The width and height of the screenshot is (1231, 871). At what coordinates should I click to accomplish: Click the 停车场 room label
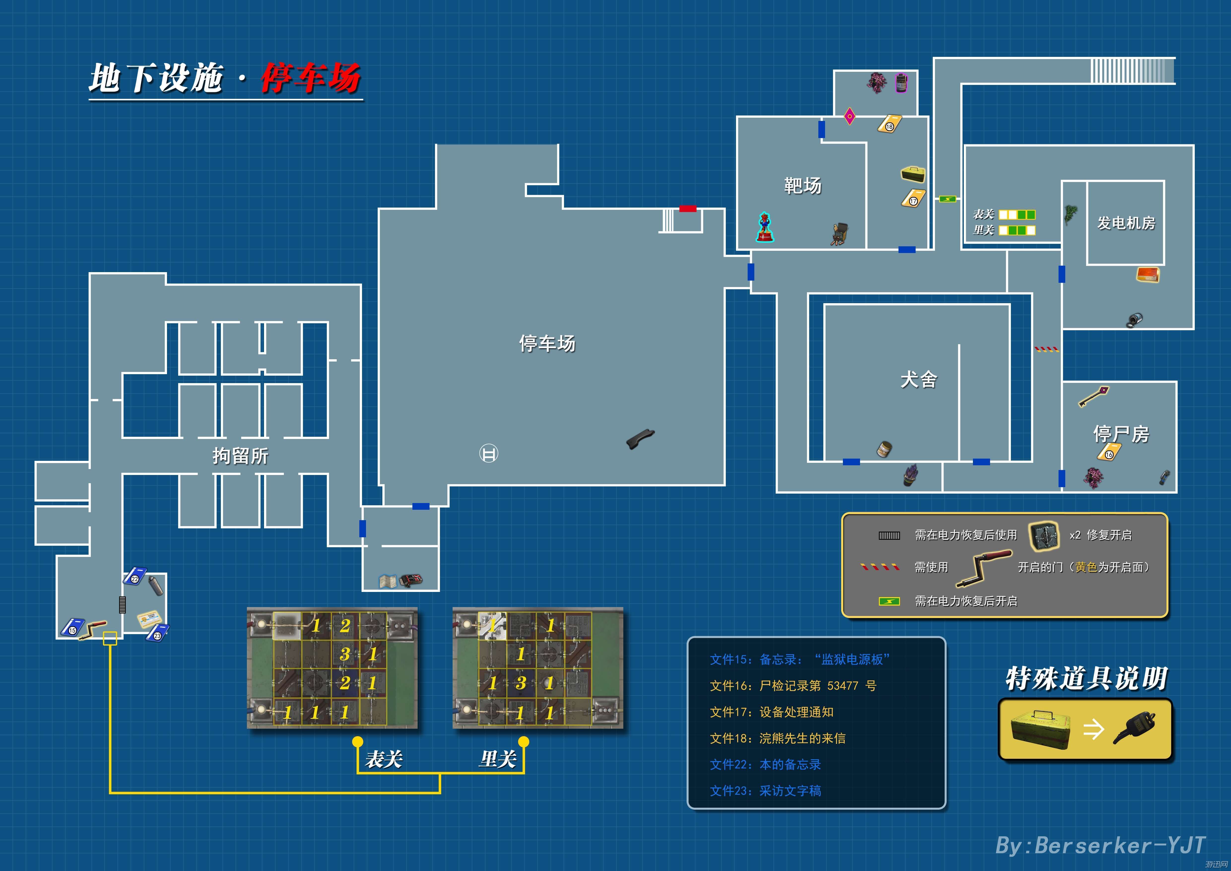(x=547, y=343)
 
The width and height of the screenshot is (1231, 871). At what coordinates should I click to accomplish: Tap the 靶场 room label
(x=803, y=185)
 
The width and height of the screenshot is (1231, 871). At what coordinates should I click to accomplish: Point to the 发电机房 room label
(x=1126, y=222)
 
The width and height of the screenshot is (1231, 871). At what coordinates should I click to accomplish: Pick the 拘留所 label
(x=240, y=456)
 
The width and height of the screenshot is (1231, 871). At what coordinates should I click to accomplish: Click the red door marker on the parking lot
(x=688, y=209)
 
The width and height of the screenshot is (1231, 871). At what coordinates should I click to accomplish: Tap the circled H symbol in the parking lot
(x=488, y=453)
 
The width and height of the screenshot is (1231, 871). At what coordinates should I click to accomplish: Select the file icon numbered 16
(x=1109, y=452)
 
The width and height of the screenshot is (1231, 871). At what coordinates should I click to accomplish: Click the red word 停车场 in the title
(x=311, y=78)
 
